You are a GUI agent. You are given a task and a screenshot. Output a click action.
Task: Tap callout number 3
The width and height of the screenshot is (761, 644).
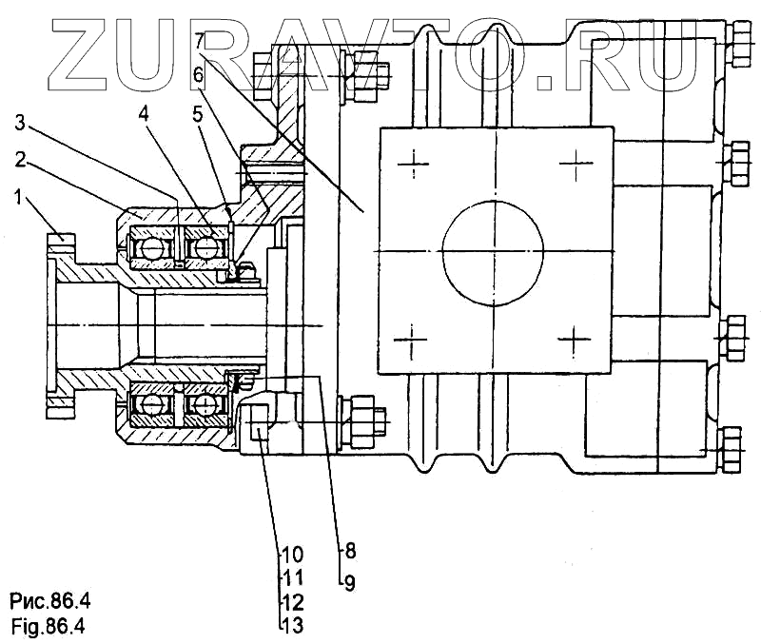(x=21, y=123)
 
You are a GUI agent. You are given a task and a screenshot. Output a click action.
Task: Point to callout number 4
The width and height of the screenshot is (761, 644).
(x=143, y=114)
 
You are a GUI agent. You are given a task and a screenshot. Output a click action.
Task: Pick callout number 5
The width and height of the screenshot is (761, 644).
(x=197, y=114)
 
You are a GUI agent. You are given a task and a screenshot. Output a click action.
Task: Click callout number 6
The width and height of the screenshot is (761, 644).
(x=198, y=73)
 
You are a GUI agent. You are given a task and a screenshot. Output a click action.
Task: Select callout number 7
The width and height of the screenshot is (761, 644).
(x=198, y=41)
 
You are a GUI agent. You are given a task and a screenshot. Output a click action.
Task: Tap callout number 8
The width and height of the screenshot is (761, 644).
(x=349, y=549)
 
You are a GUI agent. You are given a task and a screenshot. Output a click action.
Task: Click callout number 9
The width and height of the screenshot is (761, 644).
(x=349, y=581)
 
